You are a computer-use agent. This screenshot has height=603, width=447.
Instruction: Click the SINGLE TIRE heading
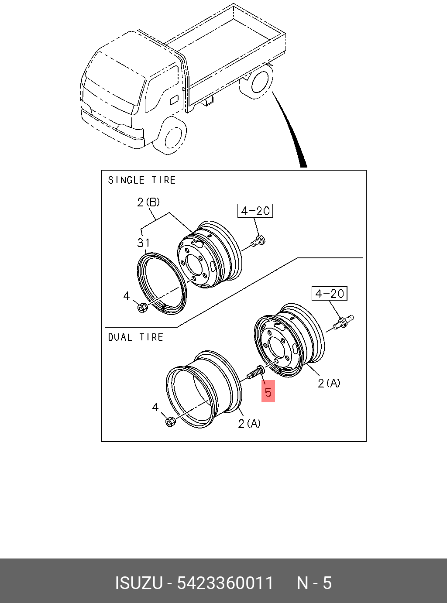pyautogui.click(x=142, y=180)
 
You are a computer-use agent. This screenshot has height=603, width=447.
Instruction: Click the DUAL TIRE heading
pyautogui.click(x=135, y=337)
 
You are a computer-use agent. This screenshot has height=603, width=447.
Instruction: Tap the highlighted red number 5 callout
pyautogui.click(x=268, y=392)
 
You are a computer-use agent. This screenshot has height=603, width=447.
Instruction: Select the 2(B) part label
pyautogui.click(x=148, y=202)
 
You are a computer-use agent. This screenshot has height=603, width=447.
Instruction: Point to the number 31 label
pyautogui.click(x=143, y=243)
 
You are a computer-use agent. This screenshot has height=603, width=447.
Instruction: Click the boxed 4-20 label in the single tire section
pyautogui.click(x=255, y=211)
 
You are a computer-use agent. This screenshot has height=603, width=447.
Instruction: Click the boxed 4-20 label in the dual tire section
pyautogui.click(x=330, y=294)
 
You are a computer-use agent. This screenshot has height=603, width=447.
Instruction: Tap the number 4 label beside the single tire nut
pyautogui.click(x=126, y=296)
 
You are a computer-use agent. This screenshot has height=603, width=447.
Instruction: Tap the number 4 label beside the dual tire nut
pyautogui.click(x=155, y=407)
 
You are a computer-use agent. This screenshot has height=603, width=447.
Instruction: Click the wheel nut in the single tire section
pyautogui.click(x=142, y=308)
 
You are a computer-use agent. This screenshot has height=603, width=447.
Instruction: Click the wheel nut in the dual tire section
pyautogui.click(x=170, y=421)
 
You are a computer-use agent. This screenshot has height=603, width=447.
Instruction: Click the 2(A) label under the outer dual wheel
pyautogui.click(x=249, y=423)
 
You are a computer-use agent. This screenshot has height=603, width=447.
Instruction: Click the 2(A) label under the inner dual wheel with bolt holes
pyautogui.click(x=329, y=383)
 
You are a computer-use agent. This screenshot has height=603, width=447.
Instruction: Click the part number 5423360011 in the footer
pyautogui.click(x=225, y=583)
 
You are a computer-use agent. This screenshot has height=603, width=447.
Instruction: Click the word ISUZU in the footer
pyautogui.click(x=139, y=583)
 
